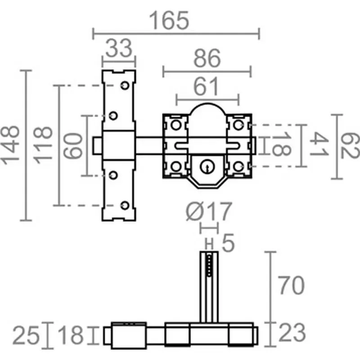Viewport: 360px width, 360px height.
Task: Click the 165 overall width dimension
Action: click(169, 21)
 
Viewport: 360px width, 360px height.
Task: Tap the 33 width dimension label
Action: click(119, 48)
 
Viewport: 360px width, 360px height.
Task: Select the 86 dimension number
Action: click(207, 58)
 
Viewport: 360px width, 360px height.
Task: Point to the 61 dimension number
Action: click(206, 86)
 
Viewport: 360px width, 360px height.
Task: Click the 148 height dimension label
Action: click(10, 145)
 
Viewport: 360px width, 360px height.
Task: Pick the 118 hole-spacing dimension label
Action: click(43, 145)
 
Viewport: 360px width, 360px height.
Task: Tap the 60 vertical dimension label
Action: click(73, 146)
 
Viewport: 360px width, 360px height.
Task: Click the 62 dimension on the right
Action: click(350, 146)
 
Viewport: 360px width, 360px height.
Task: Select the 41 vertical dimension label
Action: click(319, 144)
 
